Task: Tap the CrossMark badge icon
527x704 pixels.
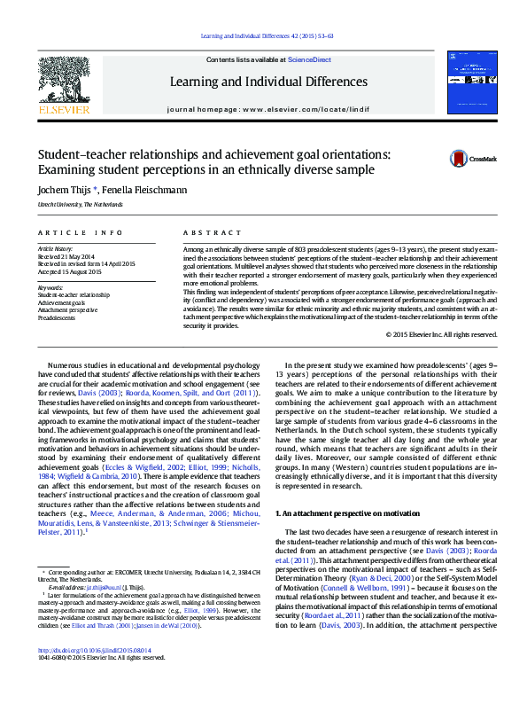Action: [458, 159]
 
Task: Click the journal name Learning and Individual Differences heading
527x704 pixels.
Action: [268, 82]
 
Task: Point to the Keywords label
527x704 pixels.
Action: [50, 287]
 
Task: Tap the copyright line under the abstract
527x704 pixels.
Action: [441, 334]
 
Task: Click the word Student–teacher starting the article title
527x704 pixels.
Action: [78, 153]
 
